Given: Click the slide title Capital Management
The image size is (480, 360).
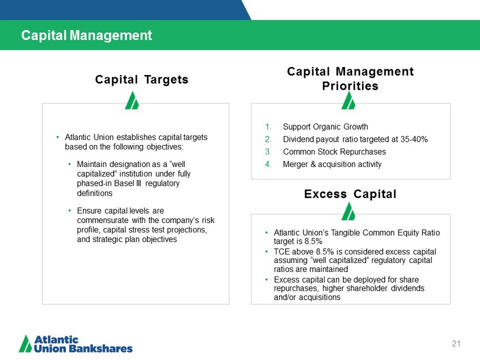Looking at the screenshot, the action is [x=86, y=35].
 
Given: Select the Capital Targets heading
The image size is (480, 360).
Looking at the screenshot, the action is [x=142, y=80].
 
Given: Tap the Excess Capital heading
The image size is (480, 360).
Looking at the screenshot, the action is [x=350, y=194].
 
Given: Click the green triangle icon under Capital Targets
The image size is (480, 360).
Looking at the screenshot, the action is [x=132, y=100].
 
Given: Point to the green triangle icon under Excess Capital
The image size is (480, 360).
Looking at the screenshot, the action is [x=348, y=212].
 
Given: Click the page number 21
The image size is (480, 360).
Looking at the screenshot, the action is [x=456, y=344].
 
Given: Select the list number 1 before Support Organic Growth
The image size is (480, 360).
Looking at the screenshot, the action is [x=268, y=126].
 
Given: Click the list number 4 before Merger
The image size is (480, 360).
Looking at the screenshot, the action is [x=268, y=164].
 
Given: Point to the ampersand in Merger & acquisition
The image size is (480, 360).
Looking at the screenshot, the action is [x=313, y=164].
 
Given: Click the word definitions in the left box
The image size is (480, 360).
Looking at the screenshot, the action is [x=95, y=193].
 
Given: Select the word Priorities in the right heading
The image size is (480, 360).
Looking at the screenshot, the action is [x=350, y=86].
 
